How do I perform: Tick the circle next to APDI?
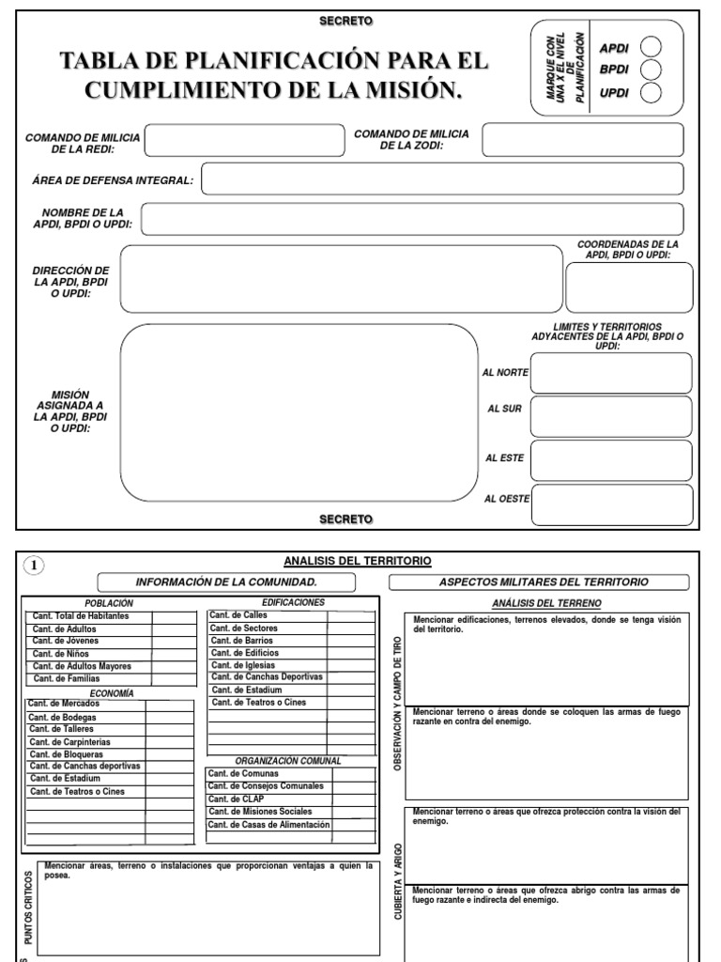(652, 48)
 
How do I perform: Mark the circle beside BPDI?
(652, 70)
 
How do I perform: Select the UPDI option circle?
(652, 91)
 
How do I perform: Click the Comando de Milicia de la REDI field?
(244, 142)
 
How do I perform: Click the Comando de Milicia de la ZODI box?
(587, 141)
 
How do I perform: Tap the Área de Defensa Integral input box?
(446, 178)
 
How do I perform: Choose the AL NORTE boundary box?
(611, 373)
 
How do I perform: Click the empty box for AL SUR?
(611, 416)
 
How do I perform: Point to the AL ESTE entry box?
(611, 459)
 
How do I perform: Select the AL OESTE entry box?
(611, 502)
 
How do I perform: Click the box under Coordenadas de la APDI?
(629, 287)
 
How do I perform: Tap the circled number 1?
(33, 565)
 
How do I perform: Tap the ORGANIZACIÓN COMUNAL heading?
(288, 761)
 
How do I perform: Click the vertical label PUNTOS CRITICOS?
(28, 908)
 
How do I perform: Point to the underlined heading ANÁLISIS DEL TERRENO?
(546, 602)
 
